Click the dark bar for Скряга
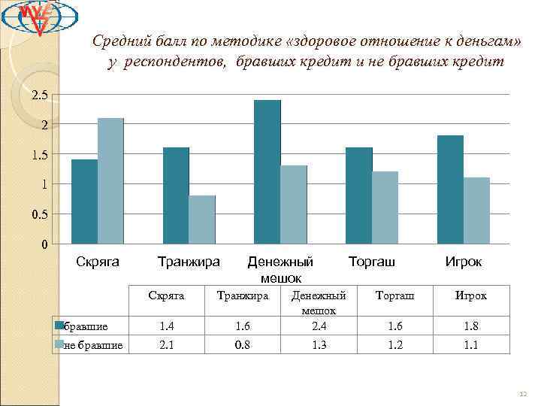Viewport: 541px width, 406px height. click(x=84, y=201)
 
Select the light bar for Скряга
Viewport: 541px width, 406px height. click(x=110, y=181)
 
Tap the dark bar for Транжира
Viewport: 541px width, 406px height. click(x=176, y=195)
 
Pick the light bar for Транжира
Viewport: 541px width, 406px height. click(x=202, y=220)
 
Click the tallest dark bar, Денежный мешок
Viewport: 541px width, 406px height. click(x=267, y=172)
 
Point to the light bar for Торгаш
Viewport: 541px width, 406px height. click(x=385, y=208)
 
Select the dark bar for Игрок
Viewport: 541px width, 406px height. click(x=451, y=189)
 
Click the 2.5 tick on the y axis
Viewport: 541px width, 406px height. click(x=39, y=95)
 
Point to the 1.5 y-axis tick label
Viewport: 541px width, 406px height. click(x=39, y=154)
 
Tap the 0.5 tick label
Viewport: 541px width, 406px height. click(x=39, y=214)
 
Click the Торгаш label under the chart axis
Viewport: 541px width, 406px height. click(x=371, y=262)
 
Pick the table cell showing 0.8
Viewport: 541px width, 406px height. click(x=242, y=345)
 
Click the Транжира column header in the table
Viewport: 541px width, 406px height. click(x=242, y=295)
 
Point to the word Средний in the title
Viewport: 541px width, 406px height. click(x=118, y=42)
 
